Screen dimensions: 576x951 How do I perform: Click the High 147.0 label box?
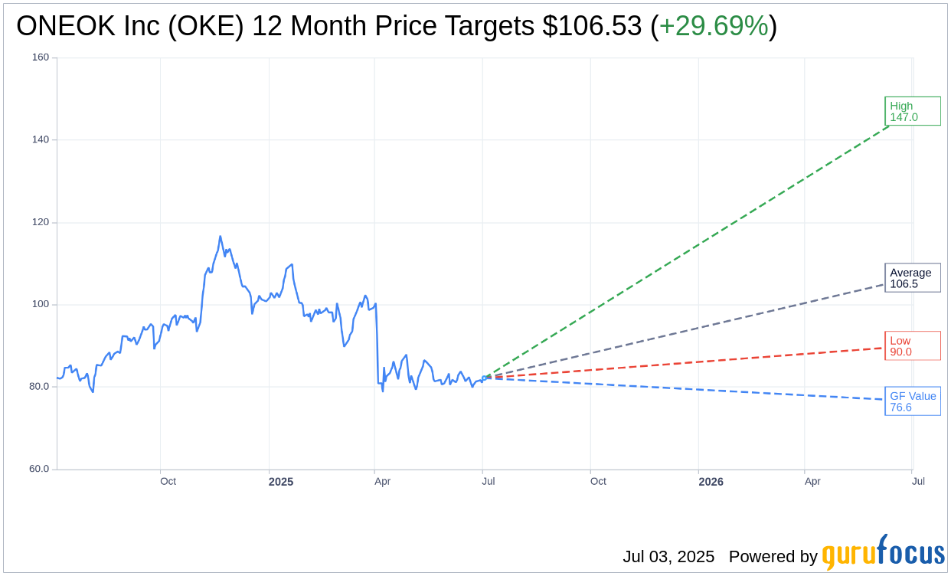(x=912, y=111)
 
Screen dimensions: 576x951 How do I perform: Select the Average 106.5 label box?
(x=912, y=278)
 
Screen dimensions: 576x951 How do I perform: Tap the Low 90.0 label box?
(x=912, y=345)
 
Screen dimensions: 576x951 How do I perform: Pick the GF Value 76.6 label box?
(x=912, y=401)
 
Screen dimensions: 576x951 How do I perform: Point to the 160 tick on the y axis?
(x=41, y=57)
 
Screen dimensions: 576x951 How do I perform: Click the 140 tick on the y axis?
(x=41, y=139)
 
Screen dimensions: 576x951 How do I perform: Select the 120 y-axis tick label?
(x=41, y=222)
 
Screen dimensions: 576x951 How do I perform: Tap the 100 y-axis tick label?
(x=41, y=304)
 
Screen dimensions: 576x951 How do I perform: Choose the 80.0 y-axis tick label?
(x=38, y=387)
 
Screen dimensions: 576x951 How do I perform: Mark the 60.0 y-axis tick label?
(x=38, y=469)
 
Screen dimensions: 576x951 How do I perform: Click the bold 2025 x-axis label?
(x=281, y=482)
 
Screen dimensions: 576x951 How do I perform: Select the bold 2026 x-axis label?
(x=711, y=482)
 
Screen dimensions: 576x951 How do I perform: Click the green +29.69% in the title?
(x=713, y=27)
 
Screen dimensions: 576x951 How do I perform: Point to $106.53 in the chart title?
(x=592, y=27)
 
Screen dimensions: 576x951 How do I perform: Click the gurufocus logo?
(x=883, y=553)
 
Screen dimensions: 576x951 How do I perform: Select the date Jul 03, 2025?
(x=668, y=557)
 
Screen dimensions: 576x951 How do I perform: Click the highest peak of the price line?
(x=220, y=236)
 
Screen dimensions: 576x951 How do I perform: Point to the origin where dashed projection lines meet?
(x=483, y=378)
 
